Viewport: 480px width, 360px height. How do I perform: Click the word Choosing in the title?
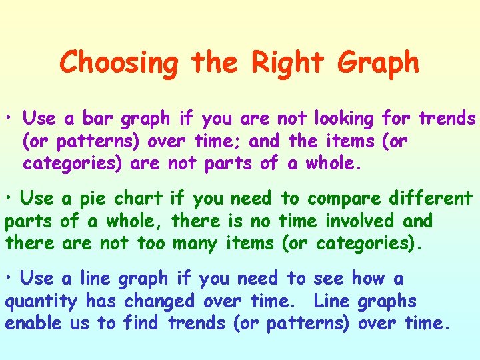point(119,63)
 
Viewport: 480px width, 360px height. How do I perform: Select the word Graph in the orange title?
point(378,63)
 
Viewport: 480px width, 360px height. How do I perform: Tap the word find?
point(139,323)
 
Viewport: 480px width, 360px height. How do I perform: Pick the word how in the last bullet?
point(368,279)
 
